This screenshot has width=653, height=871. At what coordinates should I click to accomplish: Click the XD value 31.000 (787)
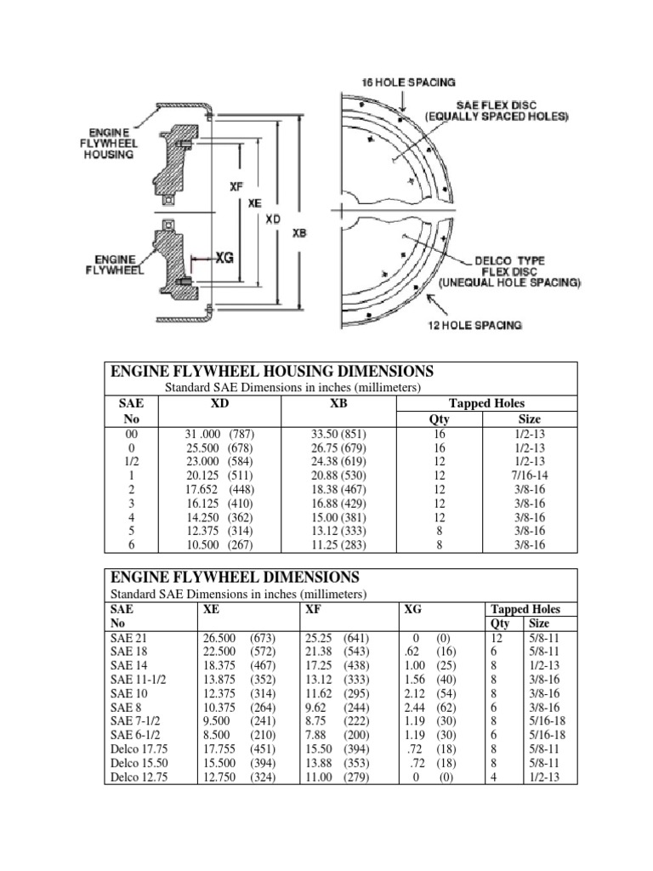coord(219,435)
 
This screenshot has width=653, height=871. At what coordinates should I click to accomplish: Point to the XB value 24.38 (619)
coord(338,462)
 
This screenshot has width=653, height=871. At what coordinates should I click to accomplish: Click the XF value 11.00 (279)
coord(336,776)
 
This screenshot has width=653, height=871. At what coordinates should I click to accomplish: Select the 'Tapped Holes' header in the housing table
coord(486,403)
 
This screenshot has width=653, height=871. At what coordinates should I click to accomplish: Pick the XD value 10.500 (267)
coord(219,544)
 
